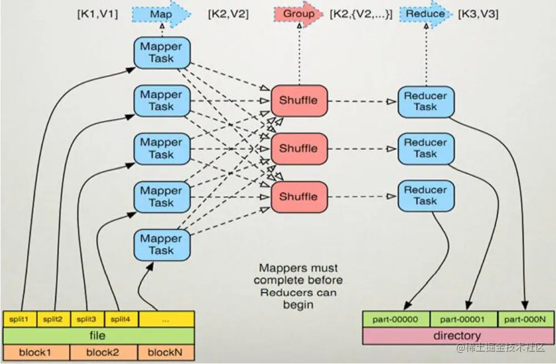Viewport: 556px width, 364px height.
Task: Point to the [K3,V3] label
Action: (x=478, y=14)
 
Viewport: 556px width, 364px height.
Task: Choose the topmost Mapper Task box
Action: (x=161, y=53)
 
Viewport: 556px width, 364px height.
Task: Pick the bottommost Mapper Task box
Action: (x=161, y=244)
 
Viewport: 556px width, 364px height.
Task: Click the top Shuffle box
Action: (x=299, y=100)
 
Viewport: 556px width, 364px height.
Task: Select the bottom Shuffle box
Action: (x=299, y=197)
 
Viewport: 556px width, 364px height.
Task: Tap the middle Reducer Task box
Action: (x=426, y=148)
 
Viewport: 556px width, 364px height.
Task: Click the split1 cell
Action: (x=19, y=319)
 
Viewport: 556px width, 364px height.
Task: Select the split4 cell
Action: (x=118, y=319)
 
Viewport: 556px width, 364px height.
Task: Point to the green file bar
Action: (x=98, y=336)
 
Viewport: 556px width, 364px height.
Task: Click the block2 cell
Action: (x=104, y=352)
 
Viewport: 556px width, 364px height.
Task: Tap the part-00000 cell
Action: (x=397, y=319)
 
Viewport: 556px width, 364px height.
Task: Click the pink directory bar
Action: (x=457, y=336)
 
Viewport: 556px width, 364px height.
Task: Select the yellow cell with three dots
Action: (x=166, y=319)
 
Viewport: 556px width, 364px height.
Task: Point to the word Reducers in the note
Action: (x=286, y=292)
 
